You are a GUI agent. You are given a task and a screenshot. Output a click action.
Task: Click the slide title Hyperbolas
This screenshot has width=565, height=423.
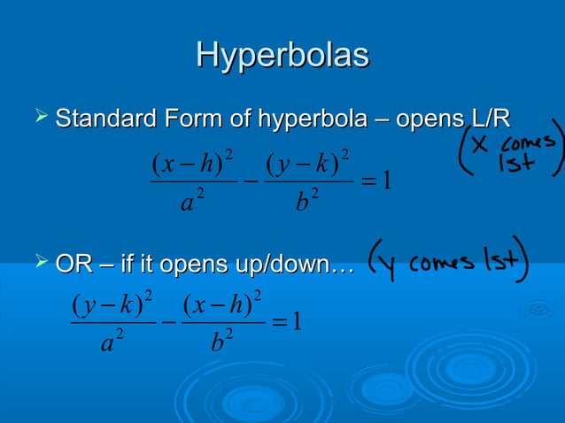click(x=282, y=55)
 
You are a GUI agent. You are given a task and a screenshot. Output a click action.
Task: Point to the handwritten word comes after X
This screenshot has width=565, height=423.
click(x=530, y=143)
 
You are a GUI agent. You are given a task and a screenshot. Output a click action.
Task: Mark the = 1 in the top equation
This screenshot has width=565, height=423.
click(x=377, y=183)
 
